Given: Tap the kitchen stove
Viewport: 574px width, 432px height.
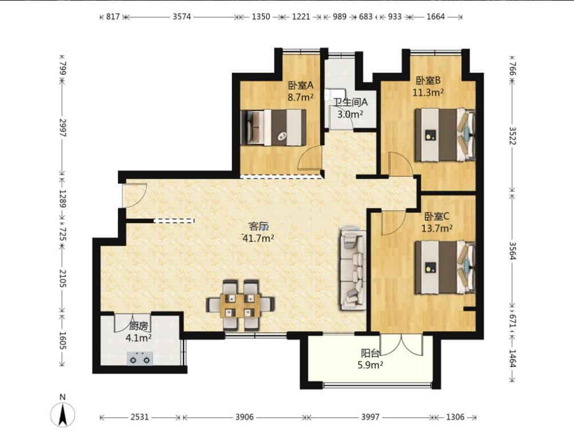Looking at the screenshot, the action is (140, 358).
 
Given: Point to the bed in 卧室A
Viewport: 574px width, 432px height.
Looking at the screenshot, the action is (274, 127).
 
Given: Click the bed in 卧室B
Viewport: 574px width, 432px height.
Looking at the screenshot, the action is (445, 134).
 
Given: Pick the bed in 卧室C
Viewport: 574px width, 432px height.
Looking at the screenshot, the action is (445, 267).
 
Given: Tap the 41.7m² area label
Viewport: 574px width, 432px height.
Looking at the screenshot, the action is (259, 239).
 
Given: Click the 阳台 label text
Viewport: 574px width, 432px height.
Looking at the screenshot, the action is (370, 353).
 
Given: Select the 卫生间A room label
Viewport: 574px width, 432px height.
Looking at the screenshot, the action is (350, 102).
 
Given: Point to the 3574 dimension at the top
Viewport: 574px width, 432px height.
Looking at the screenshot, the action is (182, 17).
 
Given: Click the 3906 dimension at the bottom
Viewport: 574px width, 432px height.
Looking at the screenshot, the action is (244, 417).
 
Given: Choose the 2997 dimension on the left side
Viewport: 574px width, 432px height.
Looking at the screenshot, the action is (62, 128).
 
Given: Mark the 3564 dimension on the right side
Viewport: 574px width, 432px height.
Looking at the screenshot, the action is (512, 251).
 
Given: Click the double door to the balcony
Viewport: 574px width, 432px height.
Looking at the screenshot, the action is (402, 344).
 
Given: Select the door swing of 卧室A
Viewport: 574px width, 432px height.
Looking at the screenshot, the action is (310, 158).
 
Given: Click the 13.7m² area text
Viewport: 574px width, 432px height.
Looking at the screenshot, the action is (437, 228).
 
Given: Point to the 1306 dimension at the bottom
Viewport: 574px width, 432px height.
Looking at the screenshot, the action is (456, 417).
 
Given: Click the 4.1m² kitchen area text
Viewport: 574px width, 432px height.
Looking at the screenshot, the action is (138, 338).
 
